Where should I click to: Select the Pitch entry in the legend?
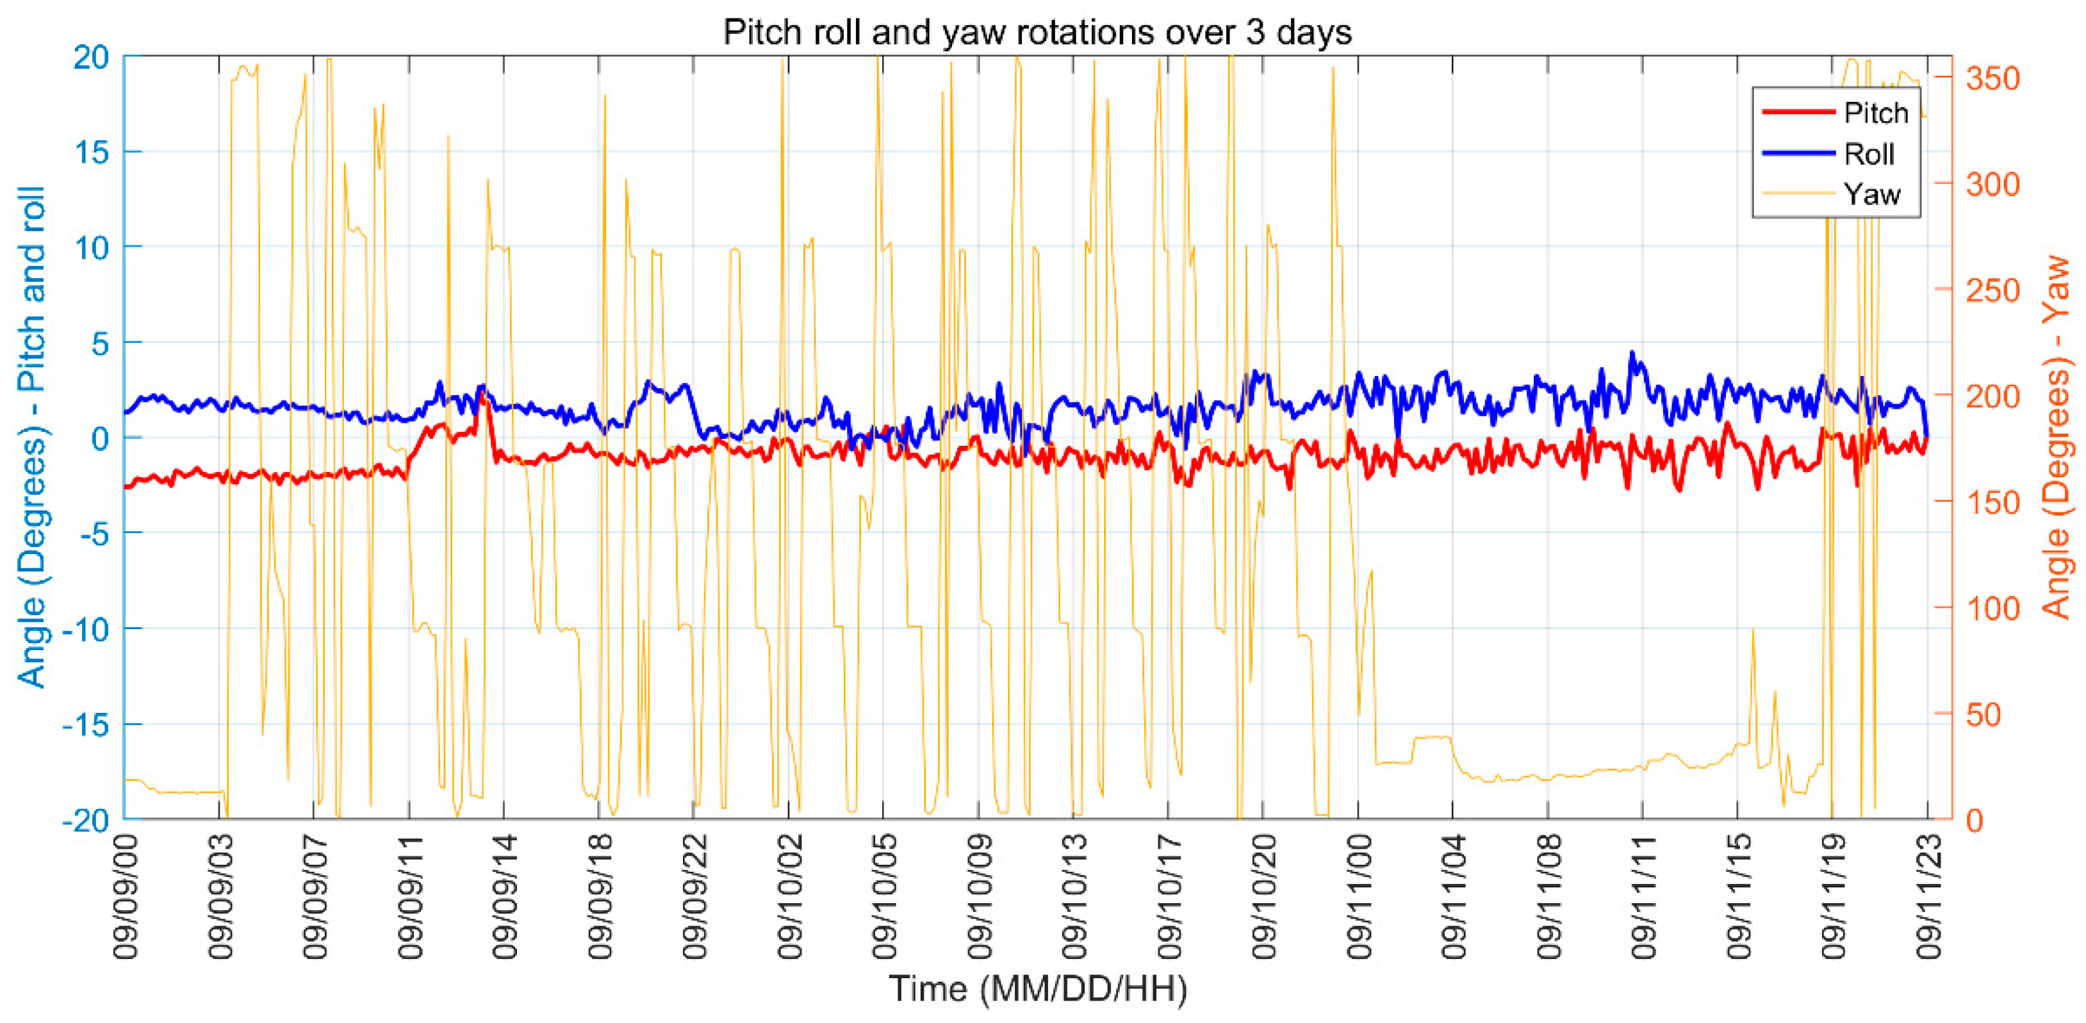tap(1875, 113)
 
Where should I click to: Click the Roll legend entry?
tap(1869, 154)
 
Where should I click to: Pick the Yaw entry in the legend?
tap(1871, 194)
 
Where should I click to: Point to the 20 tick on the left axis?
tap(91, 58)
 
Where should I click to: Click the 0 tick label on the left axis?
tap(99, 439)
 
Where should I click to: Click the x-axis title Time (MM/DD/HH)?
tap(1037, 989)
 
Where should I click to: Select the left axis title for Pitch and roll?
tap(33, 438)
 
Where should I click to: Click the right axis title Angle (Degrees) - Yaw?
tap(2057, 438)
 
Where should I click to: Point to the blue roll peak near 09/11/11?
tap(1632, 353)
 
